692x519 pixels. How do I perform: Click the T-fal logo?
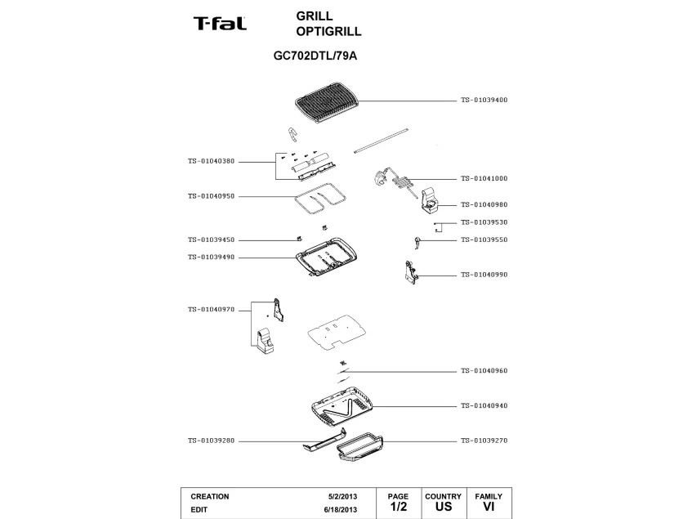pyautogui.click(x=220, y=24)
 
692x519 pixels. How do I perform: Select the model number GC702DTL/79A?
pyautogui.click(x=315, y=57)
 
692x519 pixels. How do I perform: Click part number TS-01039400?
pyautogui.click(x=484, y=100)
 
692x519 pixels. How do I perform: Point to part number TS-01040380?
pyautogui.click(x=211, y=161)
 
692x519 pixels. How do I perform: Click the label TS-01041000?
pyautogui.click(x=484, y=178)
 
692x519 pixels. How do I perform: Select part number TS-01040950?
pyautogui.click(x=211, y=196)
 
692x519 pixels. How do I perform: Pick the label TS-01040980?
pyautogui.click(x=484, y=205)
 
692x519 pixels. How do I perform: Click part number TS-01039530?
pyautogui.click(x=484, y=222)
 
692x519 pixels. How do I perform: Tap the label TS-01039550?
pyautogui.click(x=484, y=240)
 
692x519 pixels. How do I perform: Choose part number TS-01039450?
pyautogui.click(x=211, y=240)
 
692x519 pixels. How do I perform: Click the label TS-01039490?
pyautogui.click(x=211, y=257)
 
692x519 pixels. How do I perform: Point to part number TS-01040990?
pyautogui.click(x=484, y=275)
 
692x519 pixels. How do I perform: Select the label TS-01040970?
pyautogui.click(x=211, y=310)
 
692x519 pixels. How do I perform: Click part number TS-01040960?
pyautogui.click(x=484, y=371)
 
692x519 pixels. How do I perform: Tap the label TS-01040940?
pyautogui.click(x=484, y=406)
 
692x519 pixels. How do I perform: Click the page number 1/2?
pyautogui.click(x=398, y=507)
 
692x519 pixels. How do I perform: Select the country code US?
pyautogui.click(x=444, y=507)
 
